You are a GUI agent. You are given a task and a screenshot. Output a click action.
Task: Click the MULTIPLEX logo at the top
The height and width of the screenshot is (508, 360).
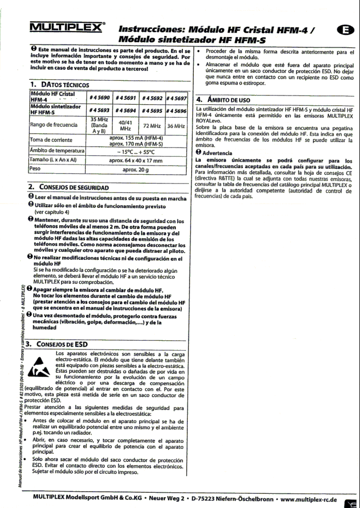66,27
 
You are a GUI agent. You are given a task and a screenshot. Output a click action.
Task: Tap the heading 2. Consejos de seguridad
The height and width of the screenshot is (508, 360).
68,187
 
